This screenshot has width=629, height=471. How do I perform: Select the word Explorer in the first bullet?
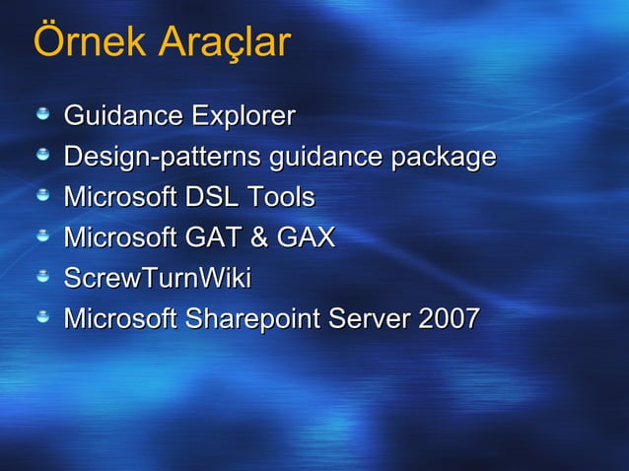243,117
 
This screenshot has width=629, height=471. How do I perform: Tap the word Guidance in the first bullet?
123,117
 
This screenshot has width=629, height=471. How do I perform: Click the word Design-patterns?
163,158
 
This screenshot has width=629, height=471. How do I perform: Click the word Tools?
281,198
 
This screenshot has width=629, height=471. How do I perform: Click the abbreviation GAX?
306,238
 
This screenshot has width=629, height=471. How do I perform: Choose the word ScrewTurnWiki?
157,279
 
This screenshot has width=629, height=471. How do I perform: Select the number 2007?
450,319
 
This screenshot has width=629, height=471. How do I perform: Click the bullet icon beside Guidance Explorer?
43,116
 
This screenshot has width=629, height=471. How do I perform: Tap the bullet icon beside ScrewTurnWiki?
43,278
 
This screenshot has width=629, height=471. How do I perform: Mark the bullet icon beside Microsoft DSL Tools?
43,197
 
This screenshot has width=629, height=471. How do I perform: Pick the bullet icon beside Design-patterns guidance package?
43,157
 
